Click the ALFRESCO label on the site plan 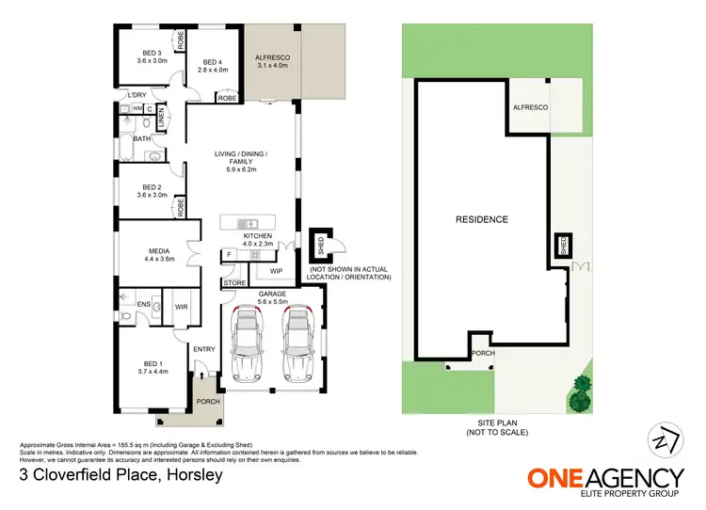(x=530, y=108)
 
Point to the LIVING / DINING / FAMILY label (x=241, y=162)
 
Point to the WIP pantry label (x=276, y=271)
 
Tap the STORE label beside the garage (x=234, y=282)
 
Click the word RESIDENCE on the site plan (x=482, y=219)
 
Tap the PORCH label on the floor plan (x=208, y=402)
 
